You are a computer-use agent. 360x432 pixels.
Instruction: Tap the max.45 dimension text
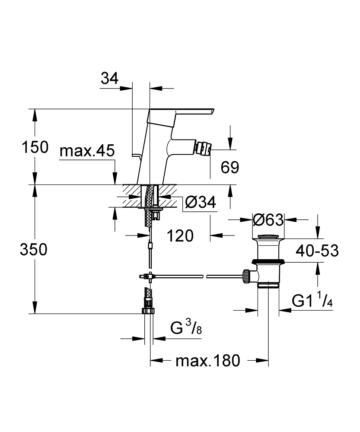86,151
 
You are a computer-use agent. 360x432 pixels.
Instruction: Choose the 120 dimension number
180,236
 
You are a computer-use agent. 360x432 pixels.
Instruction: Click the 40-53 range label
317,250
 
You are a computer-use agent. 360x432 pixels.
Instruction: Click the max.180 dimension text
207,360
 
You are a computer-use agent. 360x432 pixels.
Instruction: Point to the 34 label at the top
109,78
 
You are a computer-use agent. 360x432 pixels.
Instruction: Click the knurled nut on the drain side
247,275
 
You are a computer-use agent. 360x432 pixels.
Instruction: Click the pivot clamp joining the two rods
147,276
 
